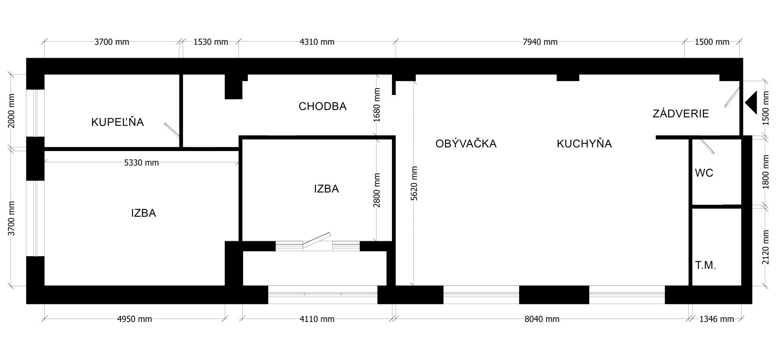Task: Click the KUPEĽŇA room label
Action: click(x=118, y=122)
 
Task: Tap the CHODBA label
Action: click(x=323, y=106)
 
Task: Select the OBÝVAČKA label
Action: click(x=466, y=143)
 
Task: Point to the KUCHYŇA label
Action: click(x=584, y=143)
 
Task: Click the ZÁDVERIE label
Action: click(x=681, y=114)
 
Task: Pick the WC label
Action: click(x=704, y=173)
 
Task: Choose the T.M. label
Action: click(x=706, y=265)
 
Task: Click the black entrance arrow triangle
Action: click(x=751, y=103)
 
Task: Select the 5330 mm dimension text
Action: click(x=141, y=163)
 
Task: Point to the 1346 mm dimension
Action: click(x=717, y=319)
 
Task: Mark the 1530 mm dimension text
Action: click(x=211, y=42)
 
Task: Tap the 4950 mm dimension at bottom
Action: click(x=134, y=319)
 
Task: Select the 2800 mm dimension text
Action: click(x=377, y=190)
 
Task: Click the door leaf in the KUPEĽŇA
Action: click(x=172, y=130)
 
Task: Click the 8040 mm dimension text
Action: click(x=542, y=319)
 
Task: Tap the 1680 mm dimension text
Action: click(x=377, y=105)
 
